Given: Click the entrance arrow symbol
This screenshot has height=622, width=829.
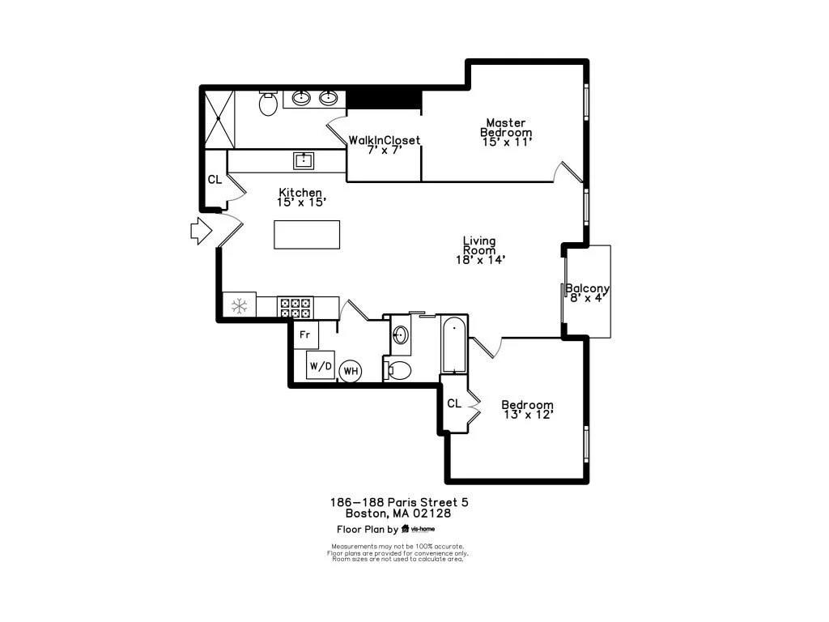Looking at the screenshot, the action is click(x=202, y=231).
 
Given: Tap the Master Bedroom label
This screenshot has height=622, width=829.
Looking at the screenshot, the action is click(x=506, y=127).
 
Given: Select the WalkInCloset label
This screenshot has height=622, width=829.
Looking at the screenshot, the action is click(x=385, y=140).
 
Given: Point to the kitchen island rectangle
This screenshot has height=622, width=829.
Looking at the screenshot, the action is click(x=307, y=234).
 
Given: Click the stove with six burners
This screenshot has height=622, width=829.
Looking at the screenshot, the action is click(x=295, y=308).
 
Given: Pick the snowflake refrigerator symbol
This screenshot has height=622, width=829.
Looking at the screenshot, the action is click(x=240, y=305).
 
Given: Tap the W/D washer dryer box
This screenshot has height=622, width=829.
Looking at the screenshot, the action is click(x=321, y=365).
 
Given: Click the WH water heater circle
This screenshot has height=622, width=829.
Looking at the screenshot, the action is click(x=351, y=371).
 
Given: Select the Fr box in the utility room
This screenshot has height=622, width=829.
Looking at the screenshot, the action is click(x=305, y=334).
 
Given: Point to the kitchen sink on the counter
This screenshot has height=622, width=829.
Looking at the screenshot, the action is click(x=304, y=161).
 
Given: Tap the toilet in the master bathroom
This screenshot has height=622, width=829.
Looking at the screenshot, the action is click(x=269, y=103).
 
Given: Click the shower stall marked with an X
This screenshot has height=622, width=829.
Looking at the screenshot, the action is click(x=219, y=120).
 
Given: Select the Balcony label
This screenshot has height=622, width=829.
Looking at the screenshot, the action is click(x=588, y=288).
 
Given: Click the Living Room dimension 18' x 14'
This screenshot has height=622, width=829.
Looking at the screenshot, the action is click(x=481, y=260).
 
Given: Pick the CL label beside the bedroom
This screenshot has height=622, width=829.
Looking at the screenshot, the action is click(x=454, y=403).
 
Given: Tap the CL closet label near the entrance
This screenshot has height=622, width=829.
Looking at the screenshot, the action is click(x=215, y=180).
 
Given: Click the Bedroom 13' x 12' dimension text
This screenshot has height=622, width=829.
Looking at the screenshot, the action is click(x=528, y=415).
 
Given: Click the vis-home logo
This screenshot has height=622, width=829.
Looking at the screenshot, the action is click(x=419, y=528).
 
